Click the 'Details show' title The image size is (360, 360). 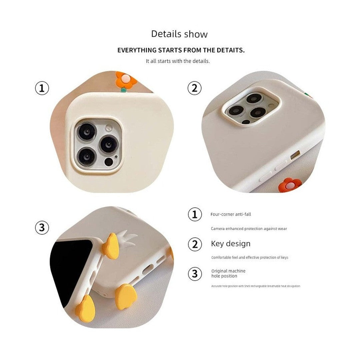click(x=179, y=34)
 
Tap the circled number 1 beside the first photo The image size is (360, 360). click(x=42, y=88)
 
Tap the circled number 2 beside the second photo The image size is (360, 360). click(x=194, y=88)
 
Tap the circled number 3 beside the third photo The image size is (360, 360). click(x=42, y=228)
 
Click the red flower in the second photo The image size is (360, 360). click(x=290, y=185)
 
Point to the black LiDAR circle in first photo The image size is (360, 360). click(x=109, y=162)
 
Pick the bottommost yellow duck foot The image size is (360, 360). click(x=85, y=308)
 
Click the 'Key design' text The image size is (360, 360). click(x=231, y=244)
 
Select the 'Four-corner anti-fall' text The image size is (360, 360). click(x=231, y=214)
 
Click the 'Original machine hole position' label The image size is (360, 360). click(x=228, y=273)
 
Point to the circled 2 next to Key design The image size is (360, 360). click(x=195, y=244)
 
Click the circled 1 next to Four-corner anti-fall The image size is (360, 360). click(x=195, y=214)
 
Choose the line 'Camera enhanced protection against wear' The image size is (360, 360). click(x=249, y=229)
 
